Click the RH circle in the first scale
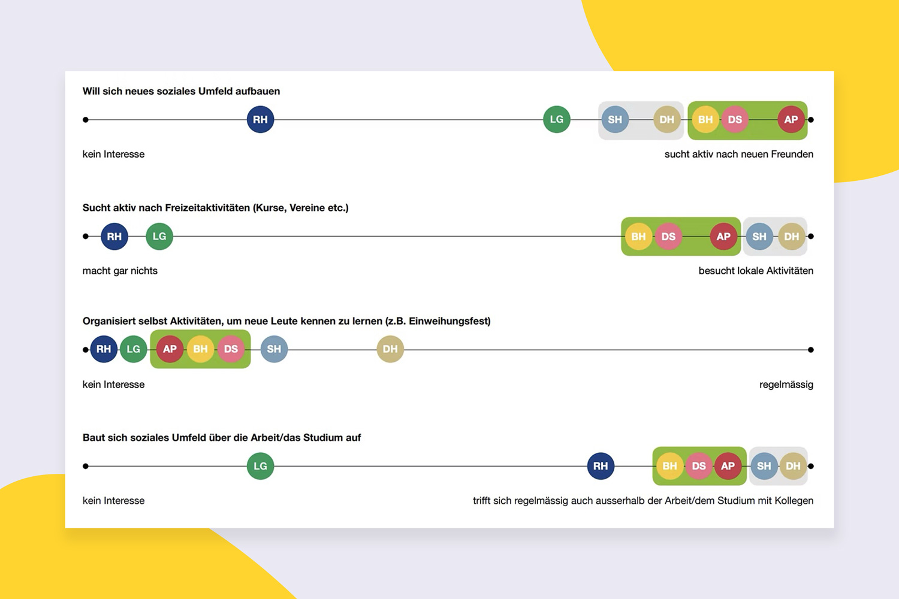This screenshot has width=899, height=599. (260, 119)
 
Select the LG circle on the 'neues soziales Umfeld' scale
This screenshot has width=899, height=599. (556, 119)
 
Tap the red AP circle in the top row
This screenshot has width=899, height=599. (791, 119)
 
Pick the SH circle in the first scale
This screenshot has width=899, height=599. (615, 119)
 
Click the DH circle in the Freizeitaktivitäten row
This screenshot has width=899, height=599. (791, 237)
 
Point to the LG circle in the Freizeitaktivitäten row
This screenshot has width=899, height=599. (159, 237)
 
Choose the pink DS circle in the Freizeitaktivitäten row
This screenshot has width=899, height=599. (668, 237)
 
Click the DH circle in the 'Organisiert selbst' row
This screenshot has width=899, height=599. (390, 349)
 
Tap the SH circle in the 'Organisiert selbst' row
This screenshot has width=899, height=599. (274, 349)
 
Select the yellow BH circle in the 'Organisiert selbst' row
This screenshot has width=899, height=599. (200, 349)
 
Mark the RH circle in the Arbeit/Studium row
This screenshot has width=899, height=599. (601, 466)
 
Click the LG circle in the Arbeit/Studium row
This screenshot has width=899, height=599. (260, 466)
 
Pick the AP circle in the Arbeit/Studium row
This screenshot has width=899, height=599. (728, 466)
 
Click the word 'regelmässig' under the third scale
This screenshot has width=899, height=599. (786, 385)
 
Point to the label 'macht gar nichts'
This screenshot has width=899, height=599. (120, 271)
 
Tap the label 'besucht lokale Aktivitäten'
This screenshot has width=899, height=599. (756, 271)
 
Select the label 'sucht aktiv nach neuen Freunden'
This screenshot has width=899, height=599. (738, 154)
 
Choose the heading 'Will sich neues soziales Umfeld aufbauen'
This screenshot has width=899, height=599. (181, 91)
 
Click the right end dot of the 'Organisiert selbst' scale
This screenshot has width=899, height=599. (811, 350)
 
